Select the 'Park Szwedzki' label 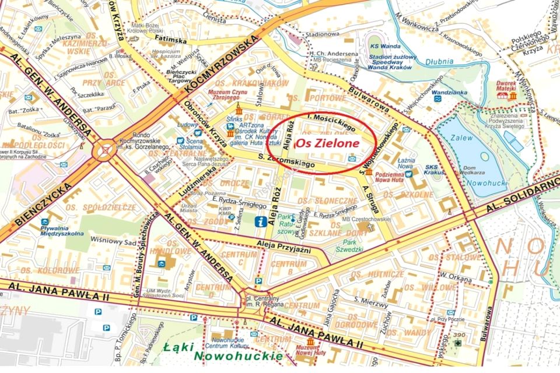click(x=350, y=245)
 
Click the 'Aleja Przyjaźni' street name click(x=282, y=247)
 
